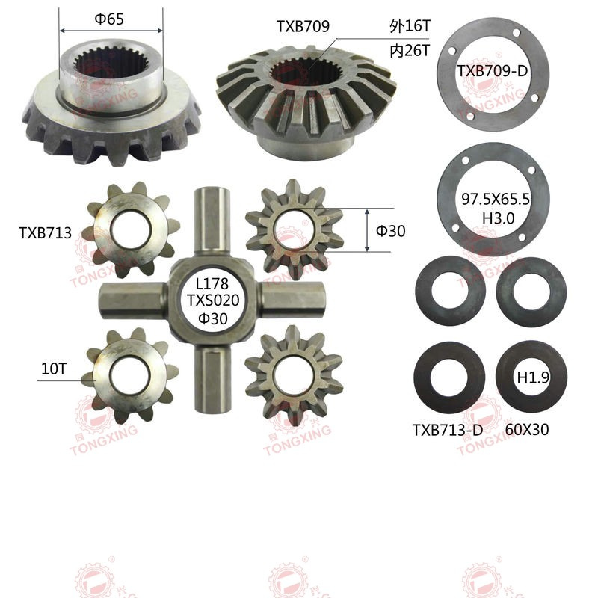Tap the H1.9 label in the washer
tap(533, 378)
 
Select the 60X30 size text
tap(527, 430)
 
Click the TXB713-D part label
tap(447, 430)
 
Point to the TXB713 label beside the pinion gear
tap(45, 233)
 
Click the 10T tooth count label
tap(54, 369)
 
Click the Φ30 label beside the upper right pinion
tap(390, 231)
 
